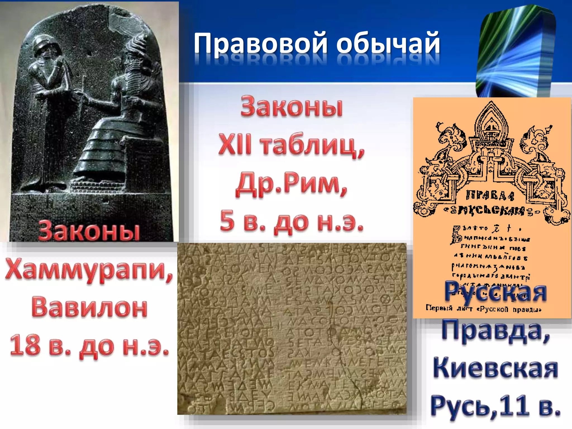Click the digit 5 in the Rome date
point(227,221)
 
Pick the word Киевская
point(495,369)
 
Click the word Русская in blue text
point(495,292)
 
